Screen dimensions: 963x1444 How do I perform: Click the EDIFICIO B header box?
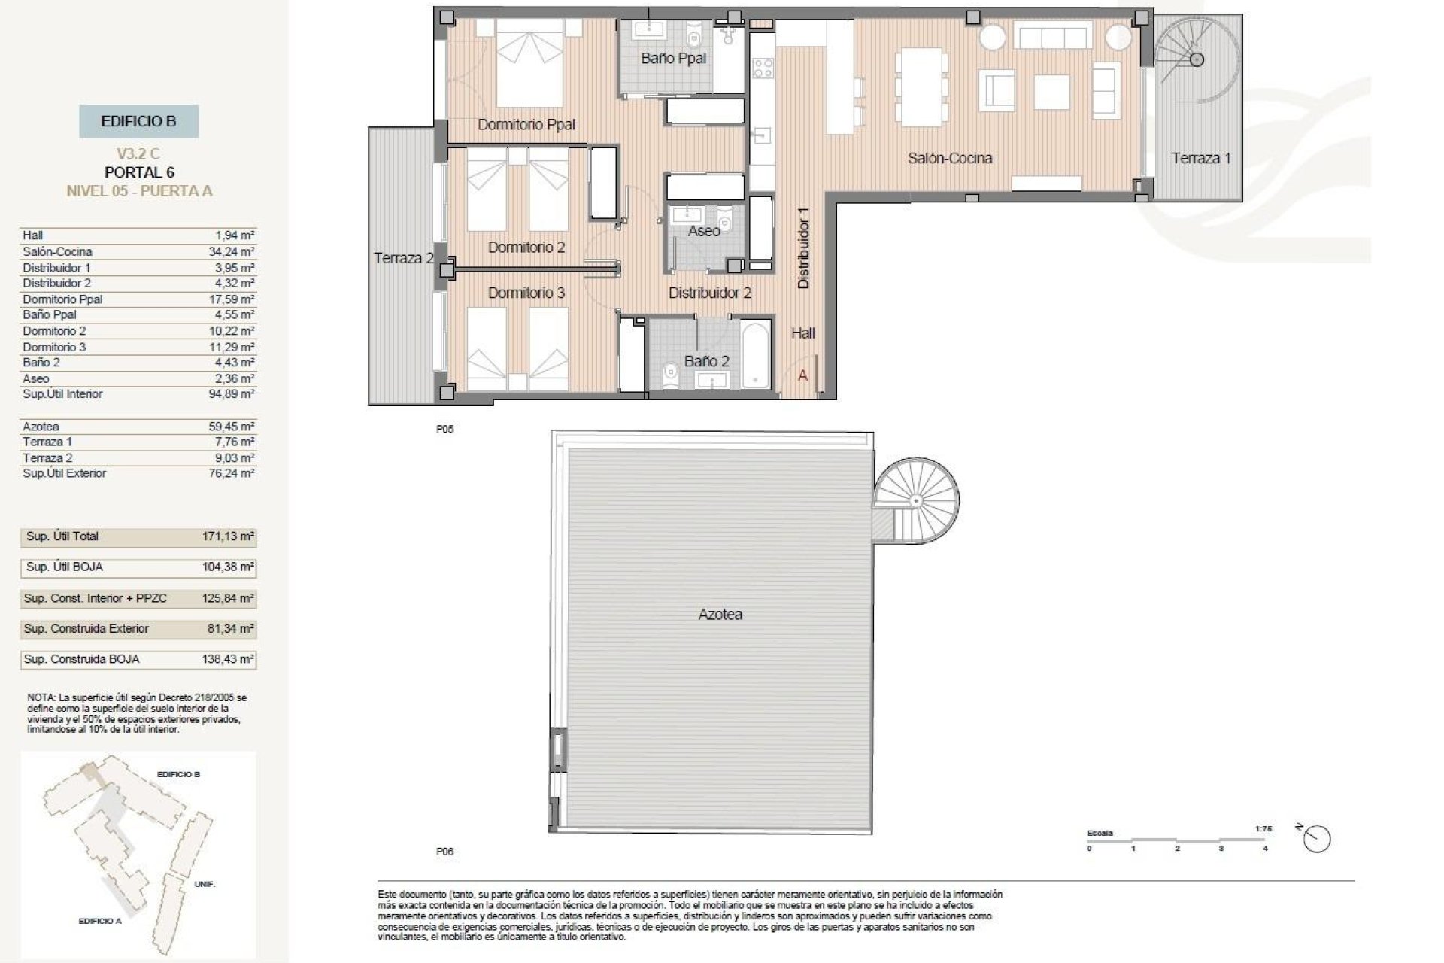coord(138,121)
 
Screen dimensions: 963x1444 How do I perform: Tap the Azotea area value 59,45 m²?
coord(232,427)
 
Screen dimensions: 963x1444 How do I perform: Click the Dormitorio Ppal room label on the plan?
coord(526,125)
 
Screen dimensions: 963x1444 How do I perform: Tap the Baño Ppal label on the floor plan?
coord(673,58)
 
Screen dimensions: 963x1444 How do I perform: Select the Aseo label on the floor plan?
coord(704,231)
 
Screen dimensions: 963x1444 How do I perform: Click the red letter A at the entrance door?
coord(802,375)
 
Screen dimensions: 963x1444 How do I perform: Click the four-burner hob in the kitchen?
coord(763,68)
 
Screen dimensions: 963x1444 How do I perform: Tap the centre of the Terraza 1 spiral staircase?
coord(1197,59)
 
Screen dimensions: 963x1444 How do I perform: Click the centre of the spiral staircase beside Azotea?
coord(917,500)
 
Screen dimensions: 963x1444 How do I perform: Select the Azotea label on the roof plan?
coord(720,615)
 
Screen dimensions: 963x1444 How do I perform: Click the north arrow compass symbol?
coord(1317,839)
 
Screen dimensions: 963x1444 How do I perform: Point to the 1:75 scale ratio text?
coord(1263,829)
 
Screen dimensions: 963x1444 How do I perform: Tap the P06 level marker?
coord(444,852)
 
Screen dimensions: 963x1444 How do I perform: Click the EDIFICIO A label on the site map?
coord(99,921)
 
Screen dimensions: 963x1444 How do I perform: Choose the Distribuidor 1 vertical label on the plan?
coord(803,248)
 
